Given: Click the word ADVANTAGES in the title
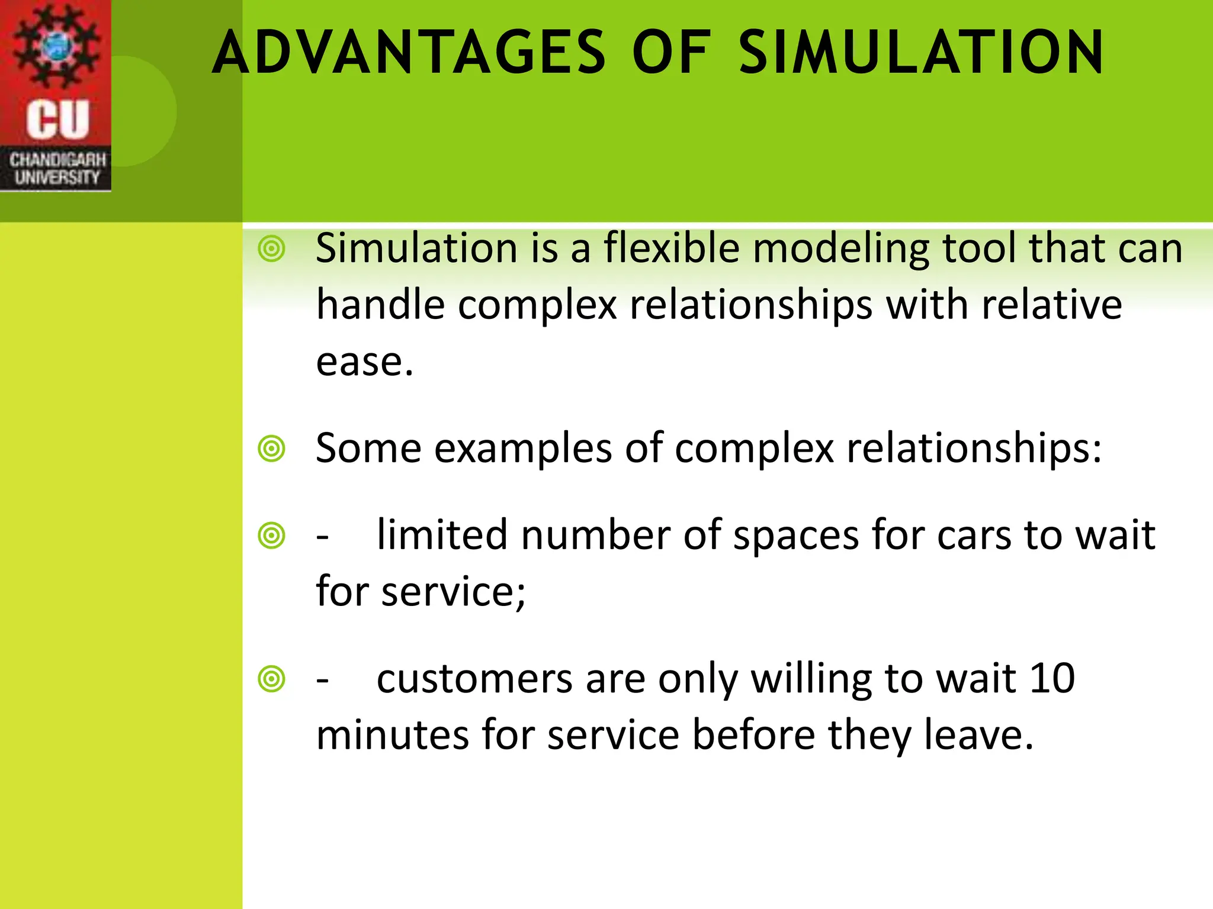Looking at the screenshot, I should (409, 53).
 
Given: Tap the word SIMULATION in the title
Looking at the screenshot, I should (921, 53).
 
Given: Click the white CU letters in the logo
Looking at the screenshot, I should (57, 120).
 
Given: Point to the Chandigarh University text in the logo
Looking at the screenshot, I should (57, 169).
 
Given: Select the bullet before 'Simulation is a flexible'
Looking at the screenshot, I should (272, 249).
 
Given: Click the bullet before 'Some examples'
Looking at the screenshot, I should (272, 449).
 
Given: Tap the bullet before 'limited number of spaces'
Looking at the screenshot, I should (272, 536).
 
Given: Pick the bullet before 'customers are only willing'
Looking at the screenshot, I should (272, 679).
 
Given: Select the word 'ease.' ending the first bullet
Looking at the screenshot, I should (364, 362).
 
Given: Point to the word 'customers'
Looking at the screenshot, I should (474, 678).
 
